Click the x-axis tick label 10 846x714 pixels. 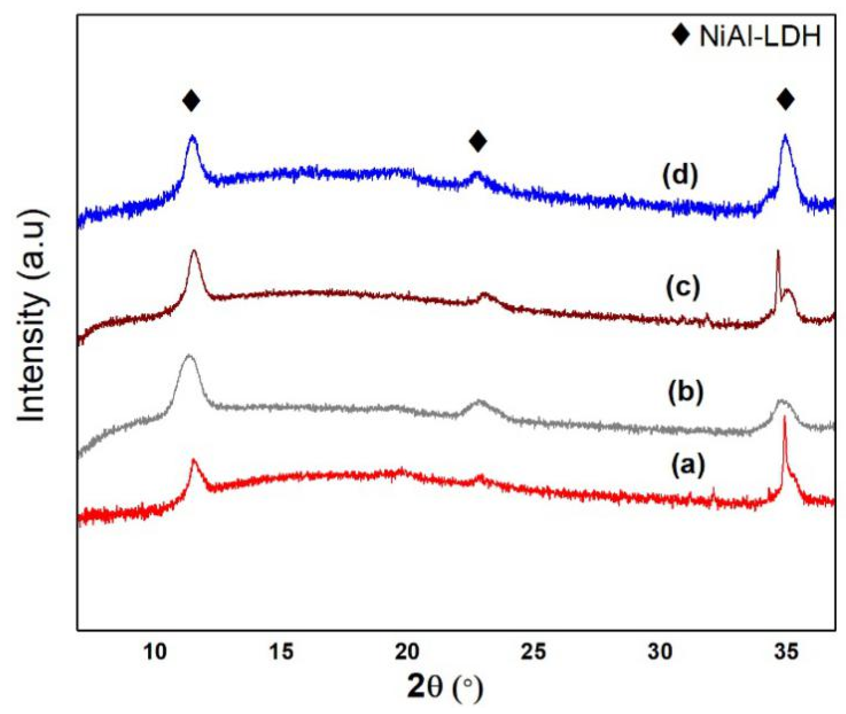tap(155, 651)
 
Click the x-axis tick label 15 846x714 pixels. tap(281, 651)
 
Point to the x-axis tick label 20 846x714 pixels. tap(408, 651)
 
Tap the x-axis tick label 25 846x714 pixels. tap(534, 651)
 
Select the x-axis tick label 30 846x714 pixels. tap(660, 651)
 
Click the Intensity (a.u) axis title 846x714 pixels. tap(31, 316)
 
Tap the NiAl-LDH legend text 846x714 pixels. tap(760, 37)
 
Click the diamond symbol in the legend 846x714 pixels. tap(681, 35)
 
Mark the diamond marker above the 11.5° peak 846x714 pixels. tap(191, 100)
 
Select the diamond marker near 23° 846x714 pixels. tap(478, 141)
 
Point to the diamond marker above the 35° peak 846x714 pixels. tap(786, 99)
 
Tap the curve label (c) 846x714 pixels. tap(683, 287)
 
